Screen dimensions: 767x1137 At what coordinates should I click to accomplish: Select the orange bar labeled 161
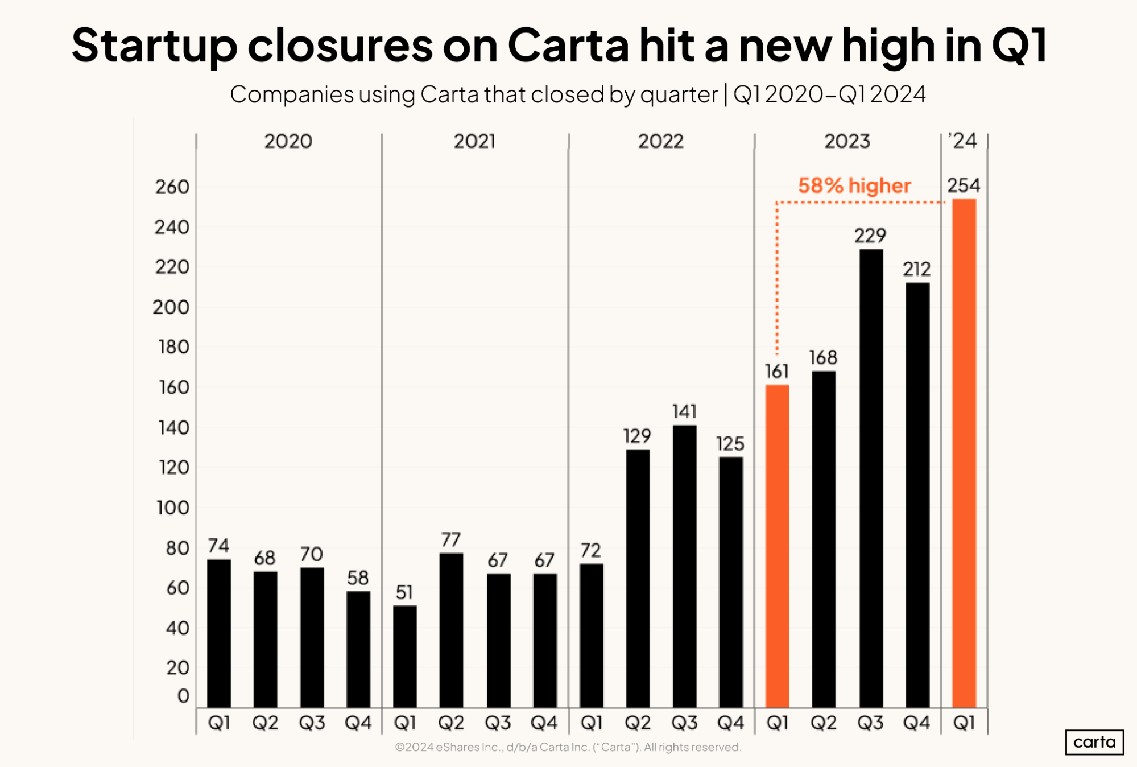pyautogui.click(x=777, y=546)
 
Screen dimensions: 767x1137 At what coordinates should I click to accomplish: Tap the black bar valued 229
pyautogui.click(x=871, y=478)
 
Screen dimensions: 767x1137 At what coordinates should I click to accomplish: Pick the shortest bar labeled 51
pyautogui.click(x=405, y=657)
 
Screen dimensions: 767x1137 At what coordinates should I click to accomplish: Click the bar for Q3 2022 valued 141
pyautogui.click(x=684, y=566)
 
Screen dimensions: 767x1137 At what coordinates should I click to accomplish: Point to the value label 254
pyautogui.click(x=964, y=185)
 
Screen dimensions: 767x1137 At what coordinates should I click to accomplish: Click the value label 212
pyautogui.click(x=917, y=269)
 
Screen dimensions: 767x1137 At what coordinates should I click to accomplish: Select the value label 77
pyautogui.click(x=451, y=539)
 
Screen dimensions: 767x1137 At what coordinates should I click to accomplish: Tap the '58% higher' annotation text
pyautogui.click(x=854, y=186)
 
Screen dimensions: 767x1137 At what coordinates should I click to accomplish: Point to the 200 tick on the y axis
pyautogui.click(x=171, y=307)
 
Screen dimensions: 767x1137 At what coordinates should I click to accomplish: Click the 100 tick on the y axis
pyautogui.click(x=173, y=508)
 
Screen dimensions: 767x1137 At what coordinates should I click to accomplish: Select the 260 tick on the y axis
pyautogui.click(x=172, y=187)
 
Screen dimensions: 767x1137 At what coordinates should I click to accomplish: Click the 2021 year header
pyautogui.click(x=474, y=141)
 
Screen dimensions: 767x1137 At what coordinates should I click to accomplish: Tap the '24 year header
pyautogui.click(x=963, y=141)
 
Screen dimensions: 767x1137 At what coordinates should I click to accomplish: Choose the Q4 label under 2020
pyautogui.click(x=358, y=723)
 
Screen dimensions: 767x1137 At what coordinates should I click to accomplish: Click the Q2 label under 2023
pyautogui.click(x=824, y=723)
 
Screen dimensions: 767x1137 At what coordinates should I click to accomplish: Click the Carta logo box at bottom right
pyautogui.click(x=1094, y=742)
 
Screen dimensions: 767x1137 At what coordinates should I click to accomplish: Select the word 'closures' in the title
pyautogui.click(x=340, y=45)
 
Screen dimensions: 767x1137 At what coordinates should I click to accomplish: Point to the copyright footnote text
pyautogui.click(x=568, y=747)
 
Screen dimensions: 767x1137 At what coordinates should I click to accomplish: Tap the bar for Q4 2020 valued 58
pyautogui.click(x=358, y=649)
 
